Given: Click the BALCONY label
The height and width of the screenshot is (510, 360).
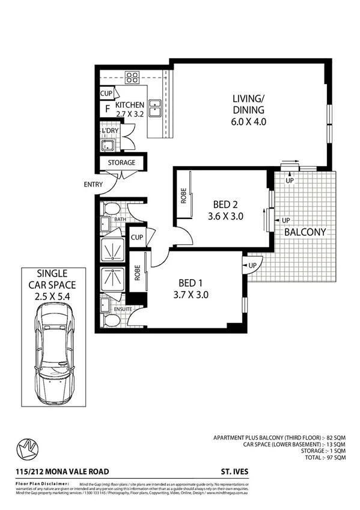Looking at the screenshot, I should (x=305, y=232).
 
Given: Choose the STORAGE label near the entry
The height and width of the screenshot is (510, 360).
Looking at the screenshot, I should (x=121, y=163).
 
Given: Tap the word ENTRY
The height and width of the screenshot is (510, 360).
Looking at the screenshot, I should (x=93, y=185).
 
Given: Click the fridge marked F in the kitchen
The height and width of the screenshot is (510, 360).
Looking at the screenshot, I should (x=107, y=109).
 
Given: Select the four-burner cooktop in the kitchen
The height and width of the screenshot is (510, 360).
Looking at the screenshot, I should (x=132, y=77).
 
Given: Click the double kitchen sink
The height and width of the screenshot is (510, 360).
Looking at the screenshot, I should (x=154, y=108).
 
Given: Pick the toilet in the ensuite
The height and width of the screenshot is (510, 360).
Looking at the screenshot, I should (x=111, y=319).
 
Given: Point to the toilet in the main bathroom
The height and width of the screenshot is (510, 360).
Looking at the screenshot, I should (x=111, y=209).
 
